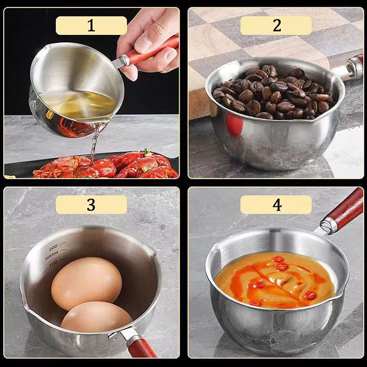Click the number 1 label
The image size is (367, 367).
click(x=91, y=26)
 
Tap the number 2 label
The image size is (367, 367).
click(x=276, y=26)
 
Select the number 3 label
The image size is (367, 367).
click(x=91, y=205)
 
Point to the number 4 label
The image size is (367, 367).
click(x=276, y=205)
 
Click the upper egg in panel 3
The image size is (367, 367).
click(x=86, y=283)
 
